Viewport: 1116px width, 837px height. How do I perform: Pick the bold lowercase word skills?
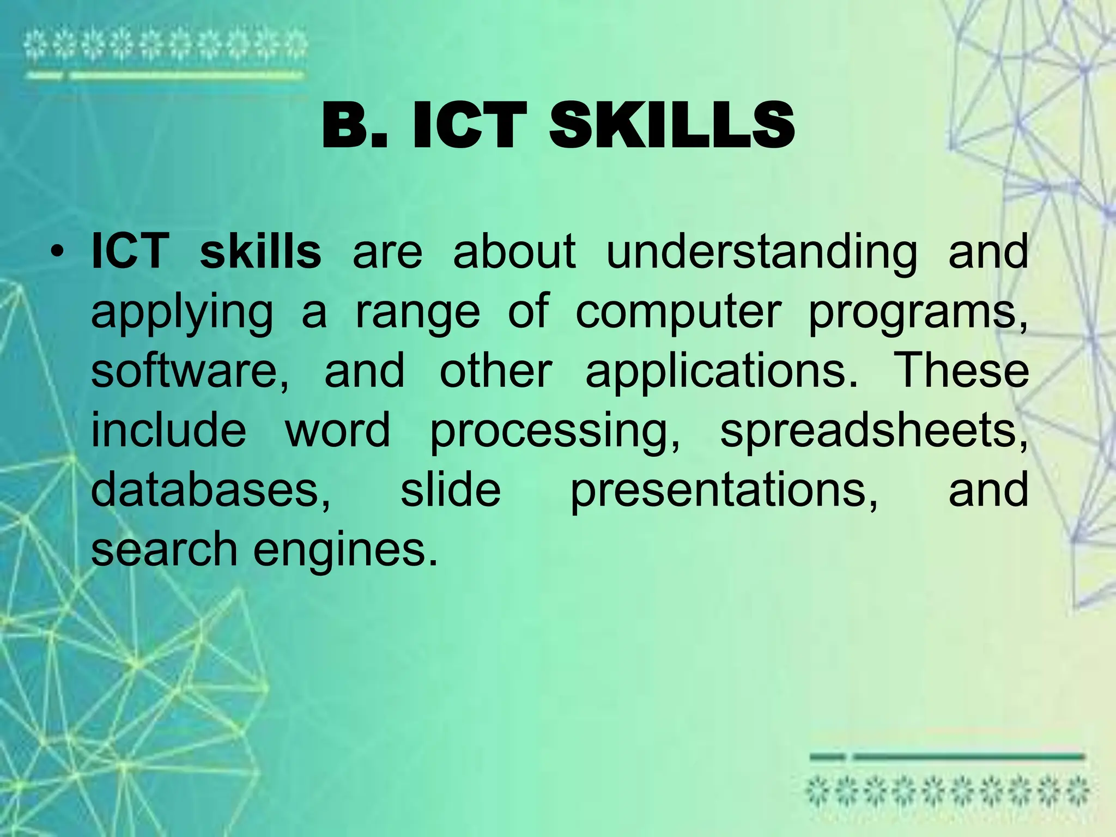point(260,252)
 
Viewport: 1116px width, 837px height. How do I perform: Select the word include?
point(169,430)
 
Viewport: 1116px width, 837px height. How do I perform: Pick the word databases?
point(210,489)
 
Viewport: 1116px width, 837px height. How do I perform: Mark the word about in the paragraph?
point(514,252)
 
